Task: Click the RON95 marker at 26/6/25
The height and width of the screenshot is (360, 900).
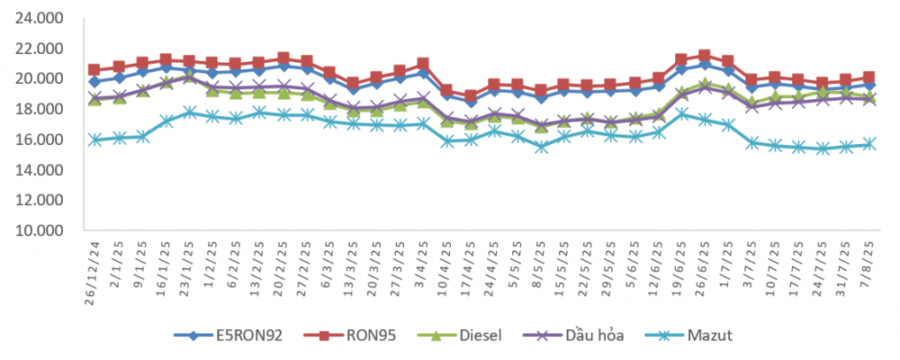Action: click(x=704, y=56)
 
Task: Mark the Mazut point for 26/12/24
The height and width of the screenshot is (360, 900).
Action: click(x=94, y=140)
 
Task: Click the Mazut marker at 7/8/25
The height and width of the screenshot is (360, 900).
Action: click(x=868, y=144)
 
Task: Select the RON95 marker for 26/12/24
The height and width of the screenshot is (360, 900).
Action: click(x=94, y=69)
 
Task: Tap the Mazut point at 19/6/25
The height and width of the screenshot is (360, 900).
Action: click(x=681, y=114)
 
